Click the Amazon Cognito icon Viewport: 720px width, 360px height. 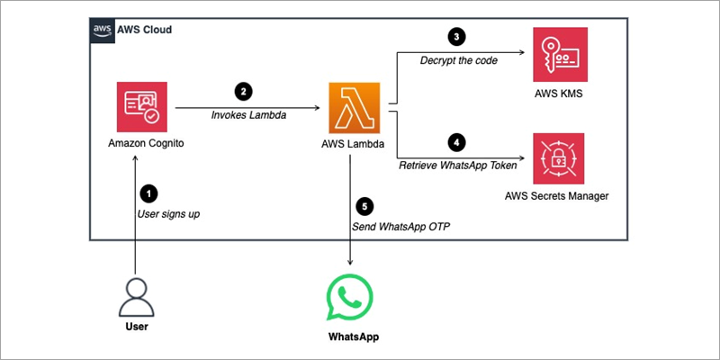coord(141,107)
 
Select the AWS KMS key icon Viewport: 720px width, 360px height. coord(558,54)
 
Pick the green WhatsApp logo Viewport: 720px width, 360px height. coord(349,299)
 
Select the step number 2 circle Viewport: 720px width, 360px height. coord(242,91)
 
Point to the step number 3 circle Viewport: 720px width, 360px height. coord(456,37)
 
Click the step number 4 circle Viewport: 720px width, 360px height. coord(456,141)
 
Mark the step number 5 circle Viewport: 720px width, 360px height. coord(364,204)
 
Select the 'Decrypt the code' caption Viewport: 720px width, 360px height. coord(458,60)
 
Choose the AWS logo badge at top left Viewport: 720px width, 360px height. coord(103,30)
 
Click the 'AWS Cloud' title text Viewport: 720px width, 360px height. coord(144,30)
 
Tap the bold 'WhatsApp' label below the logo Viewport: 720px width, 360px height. coord(353,337)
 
